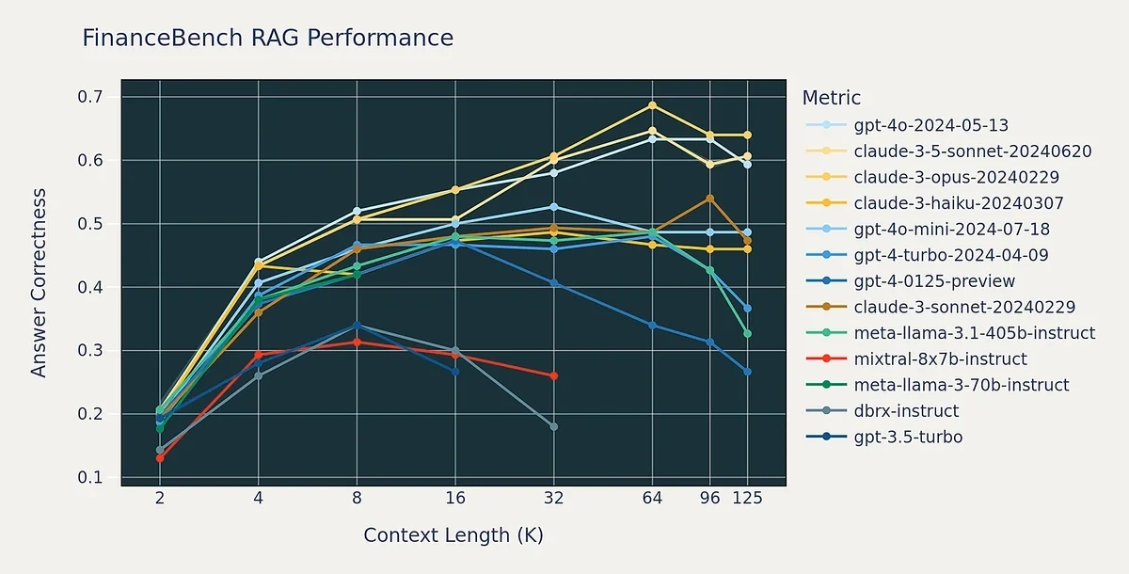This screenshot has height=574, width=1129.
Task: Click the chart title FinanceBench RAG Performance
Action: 267,39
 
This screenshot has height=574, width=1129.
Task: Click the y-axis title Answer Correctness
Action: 39,282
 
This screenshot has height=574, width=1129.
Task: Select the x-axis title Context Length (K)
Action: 453,535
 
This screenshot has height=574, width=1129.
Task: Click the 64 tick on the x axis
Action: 652,499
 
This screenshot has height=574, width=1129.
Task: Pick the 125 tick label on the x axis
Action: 748,499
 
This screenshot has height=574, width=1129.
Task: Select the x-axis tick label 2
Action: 159,499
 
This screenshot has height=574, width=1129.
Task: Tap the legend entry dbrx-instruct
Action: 906,411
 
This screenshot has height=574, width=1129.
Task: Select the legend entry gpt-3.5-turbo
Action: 908,438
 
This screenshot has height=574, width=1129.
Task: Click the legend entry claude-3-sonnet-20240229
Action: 964,307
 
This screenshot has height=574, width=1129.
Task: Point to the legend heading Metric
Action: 831,98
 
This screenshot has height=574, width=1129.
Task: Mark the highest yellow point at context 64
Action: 652,105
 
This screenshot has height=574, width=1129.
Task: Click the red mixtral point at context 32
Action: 553,375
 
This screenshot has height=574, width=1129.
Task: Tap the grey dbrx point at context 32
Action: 553,426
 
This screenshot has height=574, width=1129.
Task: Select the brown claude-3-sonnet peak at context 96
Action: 709,199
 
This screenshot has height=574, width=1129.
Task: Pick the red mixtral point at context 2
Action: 159,458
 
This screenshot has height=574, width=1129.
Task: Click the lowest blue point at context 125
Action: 748,372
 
